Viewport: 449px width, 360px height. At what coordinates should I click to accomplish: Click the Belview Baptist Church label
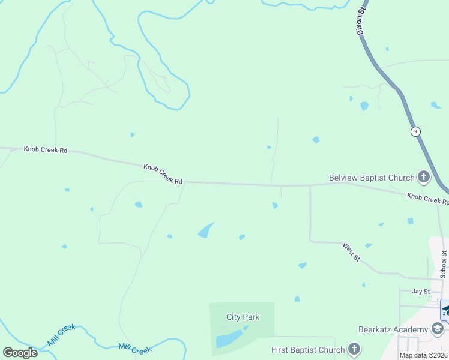click(x=372, y=178)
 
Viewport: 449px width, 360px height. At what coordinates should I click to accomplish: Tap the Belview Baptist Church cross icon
click(x=424, y=177)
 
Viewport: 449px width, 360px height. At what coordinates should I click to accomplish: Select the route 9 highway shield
click(x=415, y=131)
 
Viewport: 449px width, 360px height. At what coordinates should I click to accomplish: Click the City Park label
click(x=243, y=317)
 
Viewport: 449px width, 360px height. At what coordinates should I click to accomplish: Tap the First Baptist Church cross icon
click(x=354, y=349)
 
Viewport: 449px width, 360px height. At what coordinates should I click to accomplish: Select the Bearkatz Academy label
click(x=393, y=329)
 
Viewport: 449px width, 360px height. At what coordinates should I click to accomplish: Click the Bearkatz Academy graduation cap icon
click(x=438, y=329)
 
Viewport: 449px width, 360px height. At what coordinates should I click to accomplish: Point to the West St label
click(x=351, y=251)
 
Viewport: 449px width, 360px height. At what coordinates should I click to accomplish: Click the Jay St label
click(x=421, y=292)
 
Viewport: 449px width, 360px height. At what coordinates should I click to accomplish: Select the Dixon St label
click(x=361, y=21)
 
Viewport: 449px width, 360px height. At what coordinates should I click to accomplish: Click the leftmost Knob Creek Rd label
click(x=46, y=149)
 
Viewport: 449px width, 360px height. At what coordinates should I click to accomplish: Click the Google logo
click(x=20, y=353)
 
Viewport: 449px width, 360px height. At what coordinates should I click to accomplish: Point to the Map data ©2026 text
click(x=423, y=355)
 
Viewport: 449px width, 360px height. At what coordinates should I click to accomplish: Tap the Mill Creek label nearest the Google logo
click(x=61, y=335)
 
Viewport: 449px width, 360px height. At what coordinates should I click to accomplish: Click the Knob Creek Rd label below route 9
click(x=427, y=199)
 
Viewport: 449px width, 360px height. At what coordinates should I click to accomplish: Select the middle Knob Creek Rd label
click(x=163, y=174)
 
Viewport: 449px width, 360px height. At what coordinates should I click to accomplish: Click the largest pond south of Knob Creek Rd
click(x=205, y=230)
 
